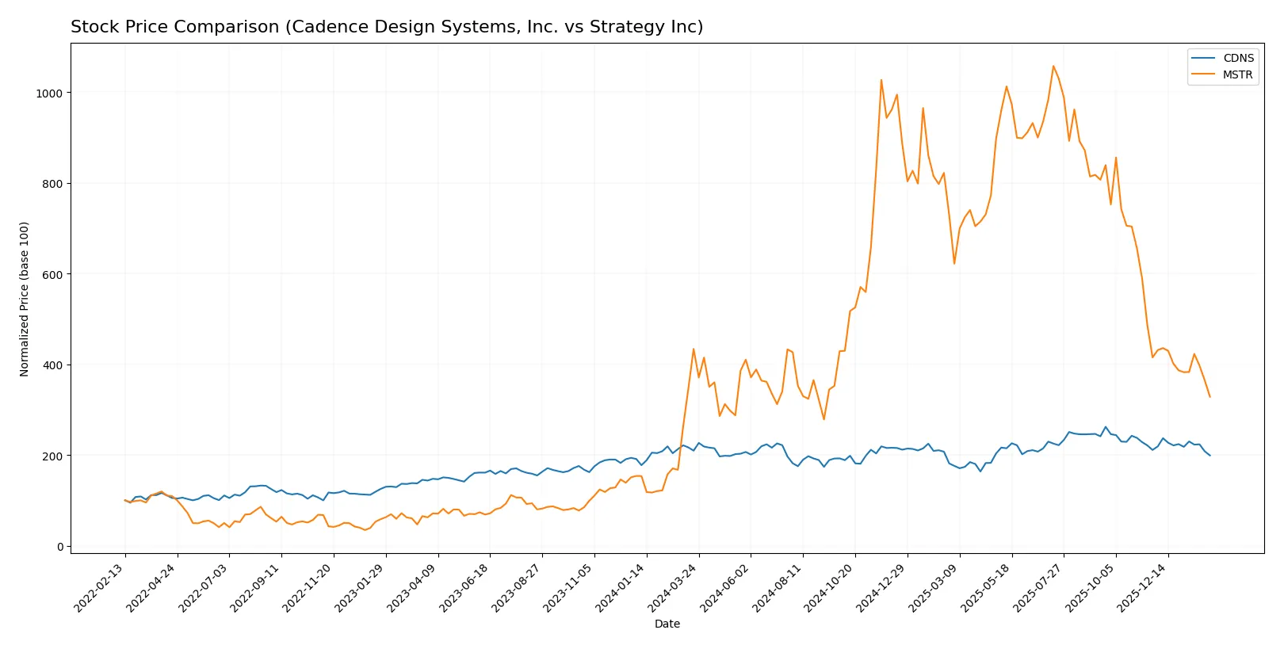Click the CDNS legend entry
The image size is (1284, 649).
pyautogui.click(x=1237, y=58)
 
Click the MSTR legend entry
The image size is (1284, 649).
pyautogui.click(x=1237, y=74)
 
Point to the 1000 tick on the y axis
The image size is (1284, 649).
pyautogui.click(x=48, y=93)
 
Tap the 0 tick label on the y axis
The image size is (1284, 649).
pyautogui.click(x=59, y=547)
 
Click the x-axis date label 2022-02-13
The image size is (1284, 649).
pyautogui.click(x=100, y=587)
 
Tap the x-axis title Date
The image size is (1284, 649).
pyautogui.click(x=667, y=624)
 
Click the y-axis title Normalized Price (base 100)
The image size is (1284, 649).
pyautogui.click(x=25, y=299)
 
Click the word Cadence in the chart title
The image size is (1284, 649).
pyautogui.click(x=322, y=27)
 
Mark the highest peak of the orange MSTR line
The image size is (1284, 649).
pyautogui.click(x=1053, y=66)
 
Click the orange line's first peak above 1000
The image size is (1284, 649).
pyautogui.click(x=881, y=79)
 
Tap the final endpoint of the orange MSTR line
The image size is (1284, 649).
pyautogui.click(x=1209, y=397)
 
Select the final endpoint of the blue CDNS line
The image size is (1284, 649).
pyautogui.click(x=1209, y=456)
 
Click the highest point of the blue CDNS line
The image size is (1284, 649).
pyautogui.click(x=1106, y=427)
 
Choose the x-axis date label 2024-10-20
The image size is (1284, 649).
pyautogui.click(x=830, y=587)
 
